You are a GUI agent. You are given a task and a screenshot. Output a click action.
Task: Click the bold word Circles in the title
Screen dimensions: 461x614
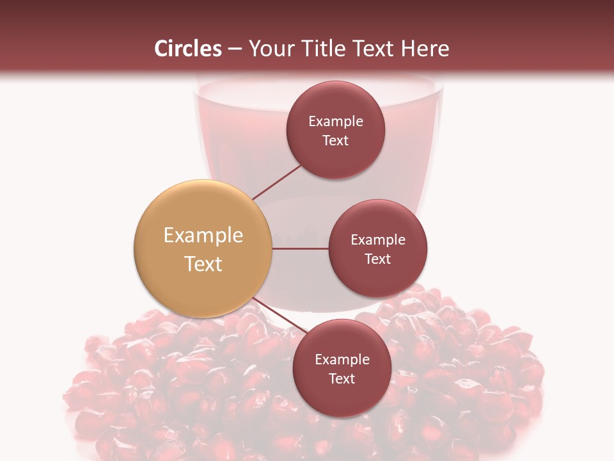[188, 49]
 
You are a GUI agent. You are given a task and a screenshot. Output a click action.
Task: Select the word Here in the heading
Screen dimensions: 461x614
[425, 49]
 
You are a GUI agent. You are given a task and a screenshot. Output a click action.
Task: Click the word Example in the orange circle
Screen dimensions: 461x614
[203, 236]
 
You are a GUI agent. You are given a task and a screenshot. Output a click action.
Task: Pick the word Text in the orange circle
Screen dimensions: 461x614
[203, 264]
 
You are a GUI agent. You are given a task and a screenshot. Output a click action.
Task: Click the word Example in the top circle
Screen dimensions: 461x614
[336, 122]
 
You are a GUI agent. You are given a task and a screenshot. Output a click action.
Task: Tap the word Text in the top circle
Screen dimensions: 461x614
[336, 140]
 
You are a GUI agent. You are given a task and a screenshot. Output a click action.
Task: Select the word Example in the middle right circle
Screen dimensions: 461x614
[378, 240]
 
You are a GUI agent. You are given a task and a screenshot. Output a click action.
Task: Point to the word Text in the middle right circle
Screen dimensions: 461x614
[378, 259]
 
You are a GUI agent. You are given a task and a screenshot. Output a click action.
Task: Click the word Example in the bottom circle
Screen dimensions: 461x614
[342, 360]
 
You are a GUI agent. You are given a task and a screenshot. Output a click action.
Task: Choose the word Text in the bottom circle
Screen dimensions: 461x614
[342, 378]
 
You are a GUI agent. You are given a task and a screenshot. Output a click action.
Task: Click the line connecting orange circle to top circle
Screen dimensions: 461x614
[276, 182]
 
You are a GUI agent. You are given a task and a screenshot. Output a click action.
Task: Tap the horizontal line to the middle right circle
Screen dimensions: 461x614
[301, 248]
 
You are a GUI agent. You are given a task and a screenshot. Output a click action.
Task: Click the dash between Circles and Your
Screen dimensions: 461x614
[235, 49]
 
